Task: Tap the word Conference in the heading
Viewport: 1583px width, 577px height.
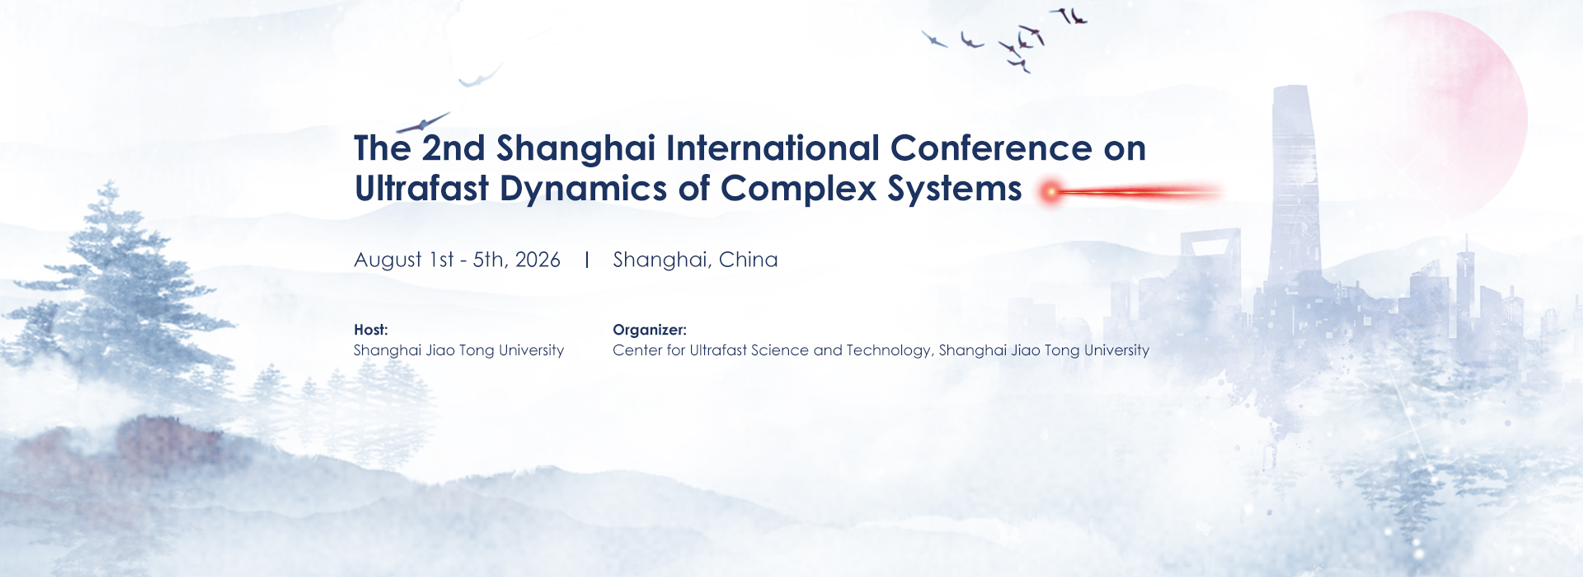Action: point(992,148)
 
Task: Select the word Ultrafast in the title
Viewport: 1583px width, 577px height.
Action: point(422,189)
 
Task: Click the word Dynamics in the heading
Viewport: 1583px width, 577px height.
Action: point(583,190)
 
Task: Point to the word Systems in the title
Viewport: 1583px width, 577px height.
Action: point(955,190)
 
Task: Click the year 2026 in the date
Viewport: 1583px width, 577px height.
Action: point(538,260)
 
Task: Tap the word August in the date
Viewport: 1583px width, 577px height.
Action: point(388,260)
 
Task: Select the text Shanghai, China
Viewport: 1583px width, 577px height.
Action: point(695,260)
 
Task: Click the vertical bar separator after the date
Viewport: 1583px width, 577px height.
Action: point(587,260)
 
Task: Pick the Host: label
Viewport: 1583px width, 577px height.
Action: point(371,330)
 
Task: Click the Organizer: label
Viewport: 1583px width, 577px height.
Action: point(650,330)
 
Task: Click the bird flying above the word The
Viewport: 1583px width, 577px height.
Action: point(423,123)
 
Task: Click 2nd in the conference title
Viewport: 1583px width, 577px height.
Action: point(453,149)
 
